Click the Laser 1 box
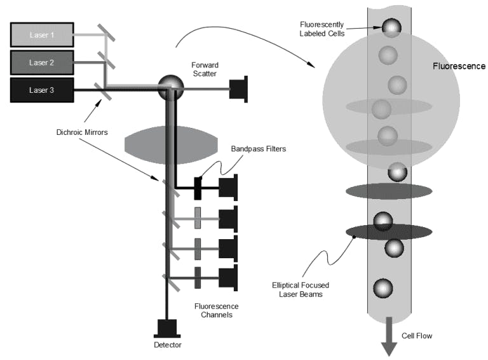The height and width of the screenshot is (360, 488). [x=42, y=34]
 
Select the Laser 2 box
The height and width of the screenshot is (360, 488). [x=42, y=62]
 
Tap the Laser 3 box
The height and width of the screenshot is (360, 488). [x=42, y=90]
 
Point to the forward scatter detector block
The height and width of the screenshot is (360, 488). [x=239, y=89]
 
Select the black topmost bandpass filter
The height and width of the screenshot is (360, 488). [x=198, y=188]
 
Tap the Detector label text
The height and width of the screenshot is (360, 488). [x=168, y=345]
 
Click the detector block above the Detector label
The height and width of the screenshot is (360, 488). [x=167, y=327]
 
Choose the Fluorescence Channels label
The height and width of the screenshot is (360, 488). [x=216, y=310]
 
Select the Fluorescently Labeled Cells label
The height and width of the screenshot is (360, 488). [x=322, y=29]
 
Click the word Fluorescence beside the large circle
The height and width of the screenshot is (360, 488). [x=459, y=66]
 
